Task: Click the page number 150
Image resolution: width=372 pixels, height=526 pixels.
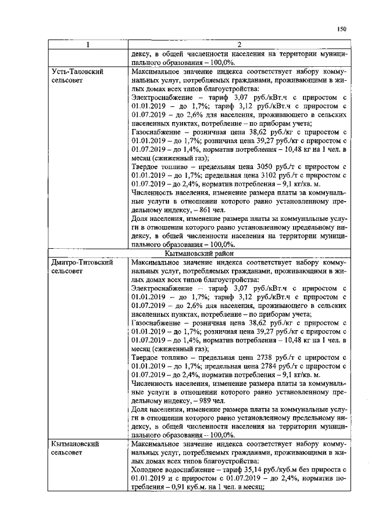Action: [341, 29]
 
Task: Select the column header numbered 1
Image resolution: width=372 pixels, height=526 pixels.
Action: [88, 45]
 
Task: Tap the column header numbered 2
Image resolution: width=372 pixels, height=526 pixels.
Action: [239, 45]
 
